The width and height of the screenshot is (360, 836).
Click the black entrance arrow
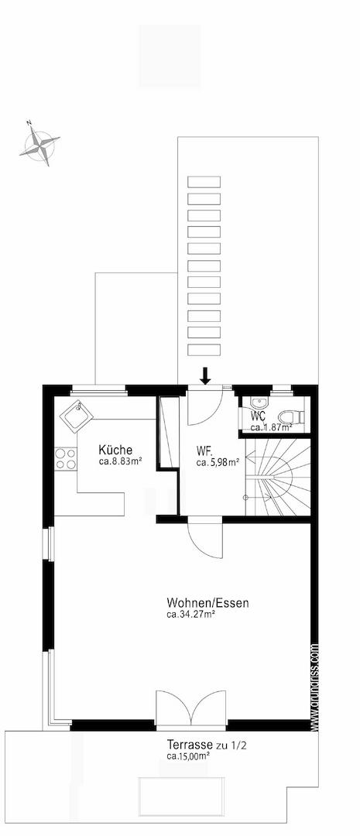point(205,375)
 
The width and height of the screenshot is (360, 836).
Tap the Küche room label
point(115,450)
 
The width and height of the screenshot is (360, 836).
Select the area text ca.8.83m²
point(120,462)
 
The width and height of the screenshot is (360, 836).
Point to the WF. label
point(204,450)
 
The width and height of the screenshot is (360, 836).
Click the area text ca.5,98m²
point(217,462)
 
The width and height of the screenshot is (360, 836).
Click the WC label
point(258,416)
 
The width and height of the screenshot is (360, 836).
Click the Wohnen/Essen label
point(207,603)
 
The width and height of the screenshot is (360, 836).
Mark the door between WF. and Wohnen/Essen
point(205,540)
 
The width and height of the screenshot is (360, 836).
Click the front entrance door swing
point(205,406)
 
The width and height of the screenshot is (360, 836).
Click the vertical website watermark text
point(314,685)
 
